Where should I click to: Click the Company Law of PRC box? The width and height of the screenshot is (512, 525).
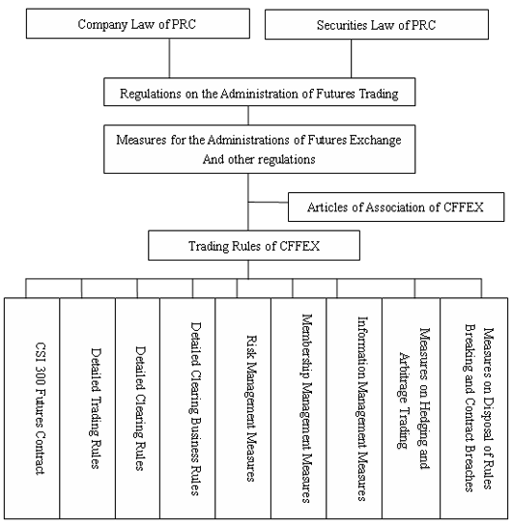coord(138,23)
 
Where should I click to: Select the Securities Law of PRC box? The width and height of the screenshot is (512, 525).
coord(377,24)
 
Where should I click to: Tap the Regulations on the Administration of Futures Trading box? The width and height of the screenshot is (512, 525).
coord(259,92)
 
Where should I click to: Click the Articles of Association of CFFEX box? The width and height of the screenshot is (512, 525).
coord(396,207)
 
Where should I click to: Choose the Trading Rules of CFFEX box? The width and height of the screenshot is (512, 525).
coord(254,245)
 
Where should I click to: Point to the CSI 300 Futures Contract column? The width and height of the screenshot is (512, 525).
coord(32,408)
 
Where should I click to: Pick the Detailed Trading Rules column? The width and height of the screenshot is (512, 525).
coord(88,408)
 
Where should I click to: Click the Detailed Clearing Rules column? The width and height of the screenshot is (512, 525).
coord(137,408)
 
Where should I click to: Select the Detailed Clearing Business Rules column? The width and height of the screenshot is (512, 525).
coord(187,408)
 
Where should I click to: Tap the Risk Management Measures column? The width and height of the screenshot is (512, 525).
coord(242,408)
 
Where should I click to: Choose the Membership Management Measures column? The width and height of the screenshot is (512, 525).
coord(299,408)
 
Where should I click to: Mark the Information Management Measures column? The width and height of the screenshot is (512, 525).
coord(355,408)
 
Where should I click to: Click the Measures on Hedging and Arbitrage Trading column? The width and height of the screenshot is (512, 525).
coord(411,408)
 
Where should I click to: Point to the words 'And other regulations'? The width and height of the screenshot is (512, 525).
coord(259,159)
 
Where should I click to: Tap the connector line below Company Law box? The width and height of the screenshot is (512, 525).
coord(169,58)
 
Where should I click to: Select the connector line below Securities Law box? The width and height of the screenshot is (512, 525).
coord(352,59)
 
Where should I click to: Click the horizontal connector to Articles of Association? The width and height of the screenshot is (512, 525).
coord(268,202)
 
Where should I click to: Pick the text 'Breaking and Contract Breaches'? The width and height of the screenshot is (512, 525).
coord(470,408)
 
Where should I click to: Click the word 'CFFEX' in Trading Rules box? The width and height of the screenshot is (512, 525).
coord(299,246)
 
